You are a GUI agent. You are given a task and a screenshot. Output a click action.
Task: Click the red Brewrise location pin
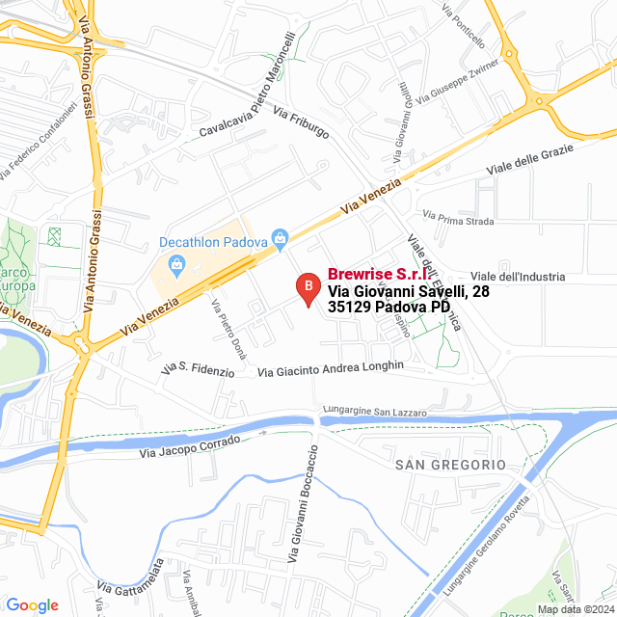click(x=308, y=288)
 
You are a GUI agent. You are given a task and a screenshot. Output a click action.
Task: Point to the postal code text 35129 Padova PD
click(x=389, y=308)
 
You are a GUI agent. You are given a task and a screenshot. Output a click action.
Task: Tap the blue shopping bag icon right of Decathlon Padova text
click(x=281, y=236)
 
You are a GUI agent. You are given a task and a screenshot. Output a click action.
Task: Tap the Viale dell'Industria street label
click(x=518, y=277)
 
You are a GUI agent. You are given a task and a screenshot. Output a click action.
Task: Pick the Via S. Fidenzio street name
click(x=199, y=370)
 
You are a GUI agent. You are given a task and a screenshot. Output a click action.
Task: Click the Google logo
click(x=32, y=605)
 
